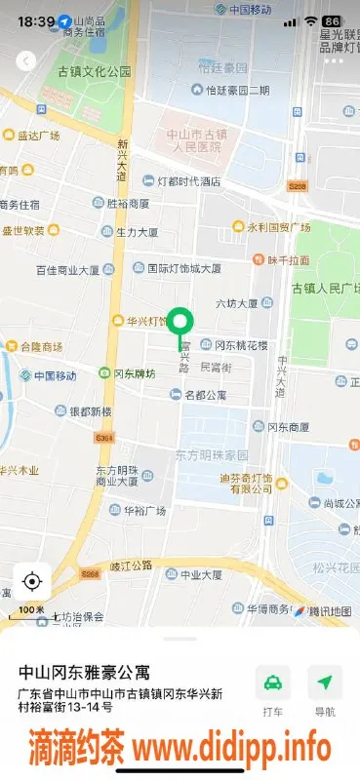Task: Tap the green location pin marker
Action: click(180, 322)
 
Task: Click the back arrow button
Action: click(26, 60)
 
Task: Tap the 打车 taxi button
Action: click(272, 690)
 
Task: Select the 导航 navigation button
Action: click(324, 690)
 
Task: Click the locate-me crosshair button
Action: click(31, 582)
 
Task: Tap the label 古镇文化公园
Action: click(95, 71)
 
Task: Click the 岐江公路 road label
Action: click(131, 565)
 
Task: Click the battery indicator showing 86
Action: click(332, 20)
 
